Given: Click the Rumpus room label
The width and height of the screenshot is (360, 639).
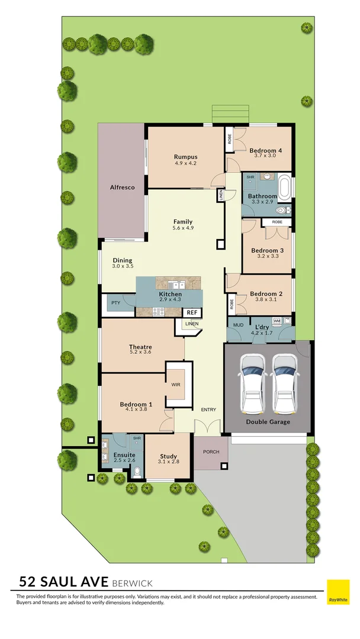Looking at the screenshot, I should coord(185,157).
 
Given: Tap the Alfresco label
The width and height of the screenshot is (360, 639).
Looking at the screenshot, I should coord(122,187).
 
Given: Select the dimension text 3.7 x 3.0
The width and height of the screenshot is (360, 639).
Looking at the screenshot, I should coord(265,156).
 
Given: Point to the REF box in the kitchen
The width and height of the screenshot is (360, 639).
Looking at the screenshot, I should coord(192,312).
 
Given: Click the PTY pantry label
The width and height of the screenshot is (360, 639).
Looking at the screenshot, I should coord(115,303).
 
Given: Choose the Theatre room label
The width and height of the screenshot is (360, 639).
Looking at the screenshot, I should coord(140,347).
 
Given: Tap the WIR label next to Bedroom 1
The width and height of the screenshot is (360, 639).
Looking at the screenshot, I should coord(175,385).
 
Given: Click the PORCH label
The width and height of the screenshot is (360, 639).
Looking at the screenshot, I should coord(211,452).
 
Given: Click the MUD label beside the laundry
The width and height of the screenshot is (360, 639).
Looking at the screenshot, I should coord(238,325).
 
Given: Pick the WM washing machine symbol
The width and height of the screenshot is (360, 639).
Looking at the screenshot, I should coord(277,320).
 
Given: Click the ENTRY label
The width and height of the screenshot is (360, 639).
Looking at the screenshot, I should coord(208,409).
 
